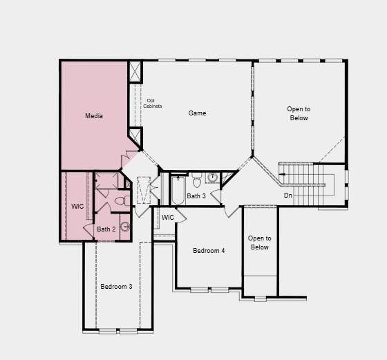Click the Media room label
(94, 116)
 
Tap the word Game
(198, 113)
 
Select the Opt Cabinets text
(153, 103)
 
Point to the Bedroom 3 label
(116, 286)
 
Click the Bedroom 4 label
(209, 250)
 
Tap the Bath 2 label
(106, 229)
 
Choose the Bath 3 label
(196, 196)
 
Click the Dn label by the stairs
(288, 196)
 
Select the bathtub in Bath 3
(178, 190)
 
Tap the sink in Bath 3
(213, 178)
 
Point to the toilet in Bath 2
(120, 201)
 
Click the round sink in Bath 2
(125, 226)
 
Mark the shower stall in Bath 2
(106, 182)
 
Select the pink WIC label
(77, 206)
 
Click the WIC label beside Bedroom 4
(168, 218)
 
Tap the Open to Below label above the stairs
(299, 113)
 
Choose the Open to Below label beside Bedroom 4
(260, 243)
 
